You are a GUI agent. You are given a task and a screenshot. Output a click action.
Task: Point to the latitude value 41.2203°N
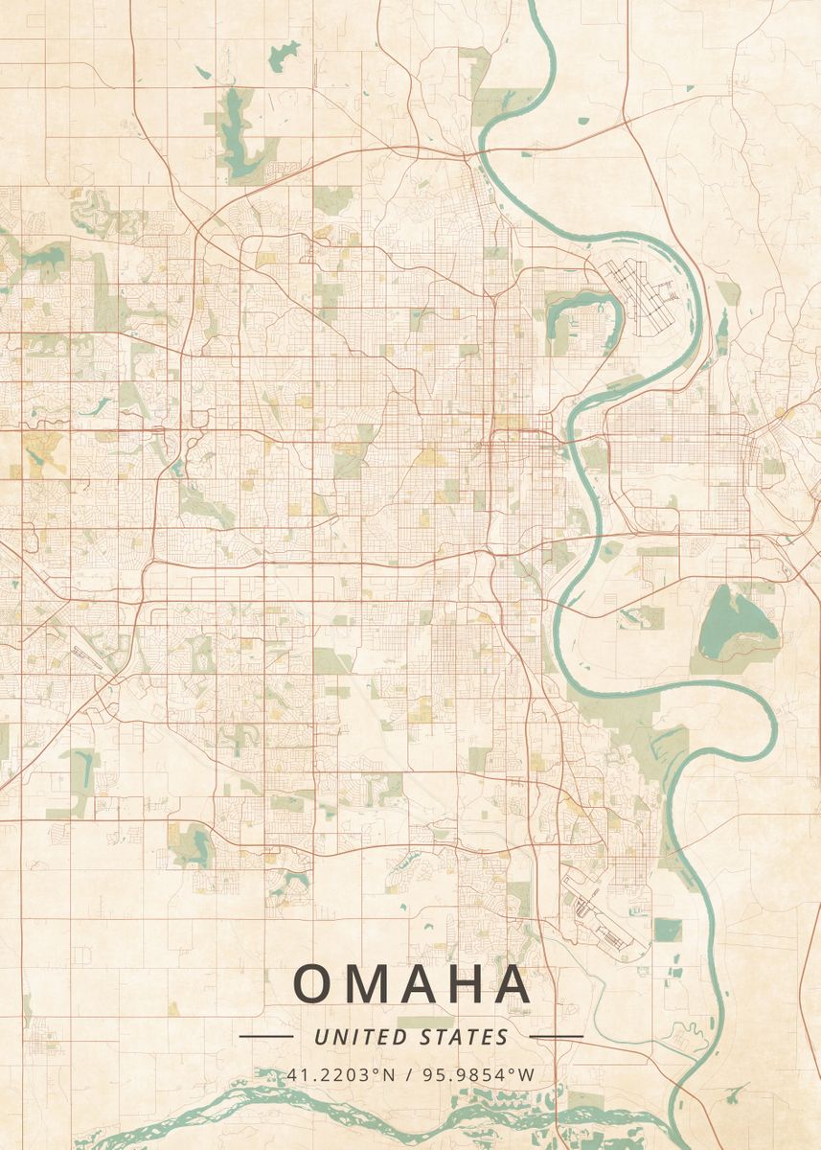click(x=342, y=1074)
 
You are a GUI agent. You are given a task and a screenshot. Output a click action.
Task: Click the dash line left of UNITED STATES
click(x=265, y=1037)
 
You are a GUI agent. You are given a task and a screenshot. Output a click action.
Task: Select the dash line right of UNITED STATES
click(x=556, y=1037)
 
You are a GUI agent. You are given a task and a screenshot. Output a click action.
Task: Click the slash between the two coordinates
click(x=409, y=1074)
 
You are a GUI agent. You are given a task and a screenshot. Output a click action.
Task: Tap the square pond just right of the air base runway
click(x=667, y=930)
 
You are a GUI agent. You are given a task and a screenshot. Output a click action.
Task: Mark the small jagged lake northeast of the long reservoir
click(x=284, y=55)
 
